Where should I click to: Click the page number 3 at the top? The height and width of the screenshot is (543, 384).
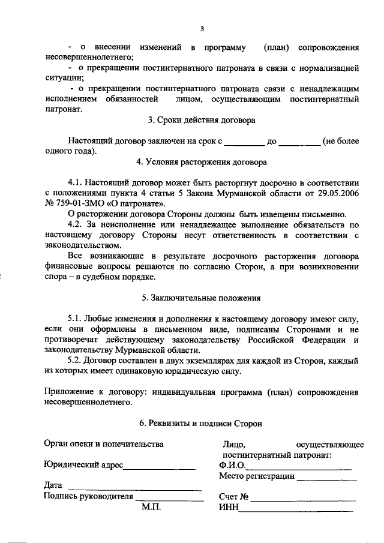coord(202,28)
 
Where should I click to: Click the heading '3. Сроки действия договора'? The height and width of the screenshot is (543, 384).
coord(202,120)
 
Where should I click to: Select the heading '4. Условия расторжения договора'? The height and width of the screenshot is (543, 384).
coord(202,161)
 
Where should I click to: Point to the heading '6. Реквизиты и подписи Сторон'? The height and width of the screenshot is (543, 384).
coord(201,423)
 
